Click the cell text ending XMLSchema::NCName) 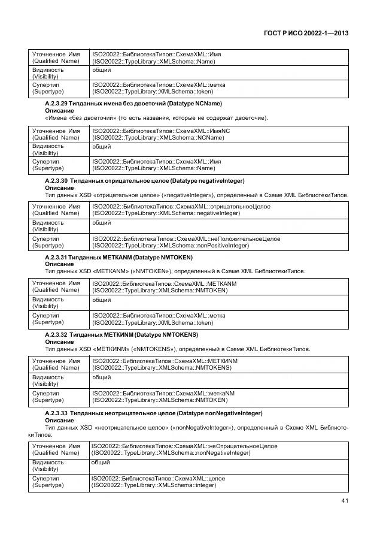pos(159,138)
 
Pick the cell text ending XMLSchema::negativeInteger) pos(171,214)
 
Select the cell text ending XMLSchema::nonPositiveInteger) pos(171,246)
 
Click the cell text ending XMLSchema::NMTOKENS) pos(162,367)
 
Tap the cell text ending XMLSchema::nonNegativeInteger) pos(171,454)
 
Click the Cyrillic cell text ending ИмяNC pos(162,130)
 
